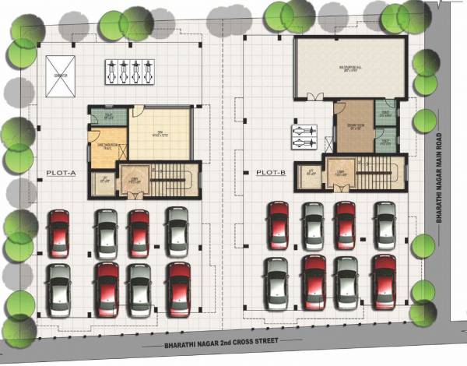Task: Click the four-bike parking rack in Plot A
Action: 128,72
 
